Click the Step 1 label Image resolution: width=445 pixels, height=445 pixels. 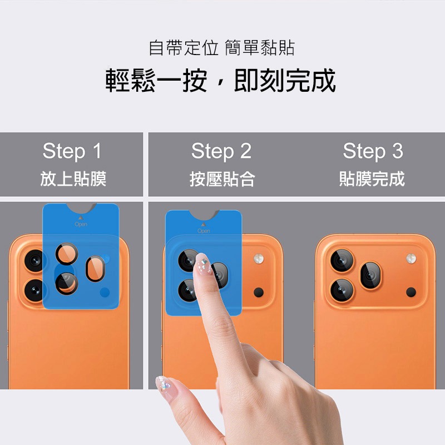[72, 151]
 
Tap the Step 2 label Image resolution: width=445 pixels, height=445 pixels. [221, 151]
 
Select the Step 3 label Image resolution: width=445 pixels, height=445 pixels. [373, 151]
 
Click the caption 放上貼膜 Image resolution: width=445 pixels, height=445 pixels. [73, 179]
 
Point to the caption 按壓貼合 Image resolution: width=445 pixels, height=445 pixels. [222, 179]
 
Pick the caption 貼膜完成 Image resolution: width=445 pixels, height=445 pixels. [372, 179]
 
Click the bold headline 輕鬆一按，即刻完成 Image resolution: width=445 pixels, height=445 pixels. [221, 81]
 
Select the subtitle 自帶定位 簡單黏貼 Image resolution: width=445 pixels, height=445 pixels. [222, 48]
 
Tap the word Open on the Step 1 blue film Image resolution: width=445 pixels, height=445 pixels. [81, 224]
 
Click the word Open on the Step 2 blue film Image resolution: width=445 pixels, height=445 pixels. [204, 231]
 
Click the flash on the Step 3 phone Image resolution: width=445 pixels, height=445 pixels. [411, 259]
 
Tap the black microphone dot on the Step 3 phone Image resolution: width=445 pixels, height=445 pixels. [411, 291]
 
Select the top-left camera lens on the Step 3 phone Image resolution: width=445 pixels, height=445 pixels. [342, 261]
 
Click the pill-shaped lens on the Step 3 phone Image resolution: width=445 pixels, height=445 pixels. [370, 275]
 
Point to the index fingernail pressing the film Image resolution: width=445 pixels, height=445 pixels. [203, 265]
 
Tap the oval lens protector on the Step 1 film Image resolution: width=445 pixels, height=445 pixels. [95, 269]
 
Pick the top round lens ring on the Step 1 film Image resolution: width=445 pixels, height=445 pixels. [67, 254]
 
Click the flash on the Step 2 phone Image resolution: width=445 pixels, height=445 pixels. [259, 259]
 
